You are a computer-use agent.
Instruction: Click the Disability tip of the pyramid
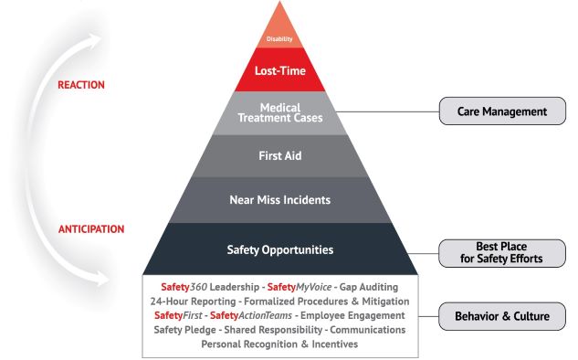pos(279,37)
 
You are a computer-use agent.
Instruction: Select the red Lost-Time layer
pos(279,70)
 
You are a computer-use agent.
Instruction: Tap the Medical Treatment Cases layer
pos(279,111)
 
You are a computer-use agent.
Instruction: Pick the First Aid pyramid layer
pos(279,155)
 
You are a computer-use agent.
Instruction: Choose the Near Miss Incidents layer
pos(279,199)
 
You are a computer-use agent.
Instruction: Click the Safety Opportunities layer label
pos(279,249)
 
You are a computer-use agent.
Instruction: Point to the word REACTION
pos(81,85)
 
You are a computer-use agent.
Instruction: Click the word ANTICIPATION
pos(91,228)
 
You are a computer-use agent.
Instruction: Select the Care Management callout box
pos(501,112)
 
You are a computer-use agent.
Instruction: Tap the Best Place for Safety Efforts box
pos(501,252)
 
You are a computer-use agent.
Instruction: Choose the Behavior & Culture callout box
pos(501,317)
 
